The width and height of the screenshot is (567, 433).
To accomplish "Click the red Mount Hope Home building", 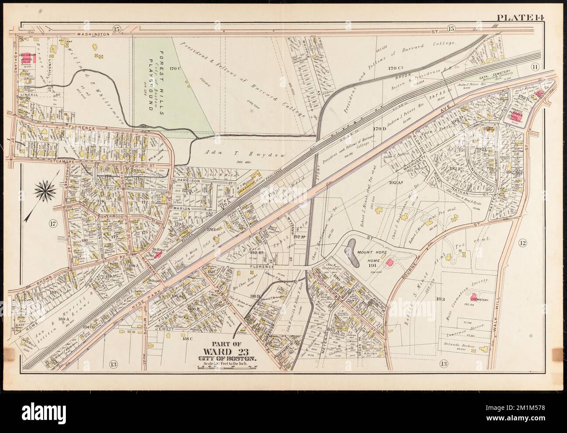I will click(390, 261).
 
